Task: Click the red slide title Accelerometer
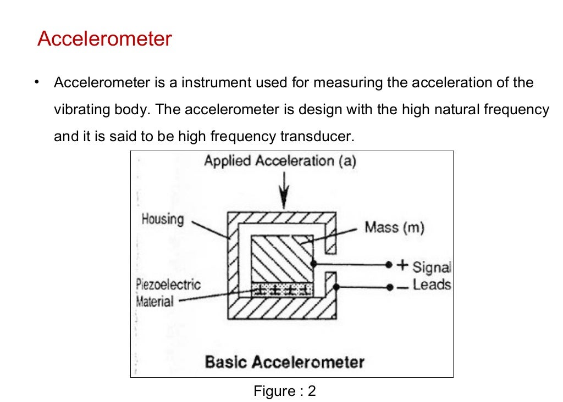pyautogui.click(x=104, y=40)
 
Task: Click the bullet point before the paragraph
pyautogui.click(x=37, y=82)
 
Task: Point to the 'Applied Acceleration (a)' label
pyautogui.click(x=280, y=161)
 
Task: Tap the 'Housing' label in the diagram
pyautogui.click(x=163, y=219)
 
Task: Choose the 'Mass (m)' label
pyautogui.click(x=394, y=227)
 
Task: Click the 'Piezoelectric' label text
pyautogui.click(x=168, y=284)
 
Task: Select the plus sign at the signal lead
pyautogui.click(x=403, y=265)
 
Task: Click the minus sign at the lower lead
pyautogui.click(x=403, y=287)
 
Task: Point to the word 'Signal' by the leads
pyautogui.click(x=431, y=267)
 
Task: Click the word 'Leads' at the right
pyautogui.click(x=432, y=285)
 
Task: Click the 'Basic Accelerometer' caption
pyautogui.click(x=284, y=362)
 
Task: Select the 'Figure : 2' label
pyautogui.click(x=284, y=391)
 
